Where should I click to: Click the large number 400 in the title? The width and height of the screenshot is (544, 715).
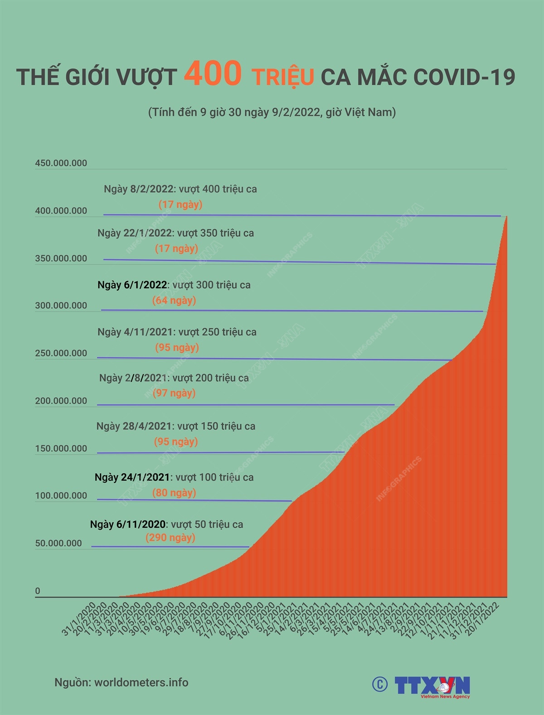(x=213, y=74)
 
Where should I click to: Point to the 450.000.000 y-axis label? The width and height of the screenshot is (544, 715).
(x=61, y=163)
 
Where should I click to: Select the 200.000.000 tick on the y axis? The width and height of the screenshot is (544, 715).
(x=61, y=401)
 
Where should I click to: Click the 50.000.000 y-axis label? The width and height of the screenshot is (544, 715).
(x=59, y=543)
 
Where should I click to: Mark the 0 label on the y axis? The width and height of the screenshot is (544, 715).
(x=38, y=591)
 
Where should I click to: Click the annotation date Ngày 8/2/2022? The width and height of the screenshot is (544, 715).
(x=138, y=189)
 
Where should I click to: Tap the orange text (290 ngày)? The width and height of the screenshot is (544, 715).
(x=170, y=538)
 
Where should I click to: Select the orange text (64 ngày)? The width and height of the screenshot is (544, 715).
(x=174, y=300)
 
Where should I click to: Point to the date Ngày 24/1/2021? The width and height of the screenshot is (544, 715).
(x=132, y=477)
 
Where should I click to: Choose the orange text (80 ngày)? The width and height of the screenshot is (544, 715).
(x=174, y=493)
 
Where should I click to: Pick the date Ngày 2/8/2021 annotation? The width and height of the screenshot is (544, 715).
(x=133, y=378)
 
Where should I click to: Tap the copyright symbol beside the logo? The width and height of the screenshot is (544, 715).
(x=380, y=684)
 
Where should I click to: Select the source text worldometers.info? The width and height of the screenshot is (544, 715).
(x=141, y=682)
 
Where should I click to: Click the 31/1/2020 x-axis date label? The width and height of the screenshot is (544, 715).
(x=79, y=619)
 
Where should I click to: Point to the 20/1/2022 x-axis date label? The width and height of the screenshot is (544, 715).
(x=483, y=619)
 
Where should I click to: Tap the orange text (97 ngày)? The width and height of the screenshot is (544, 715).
(x=174, y=393)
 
